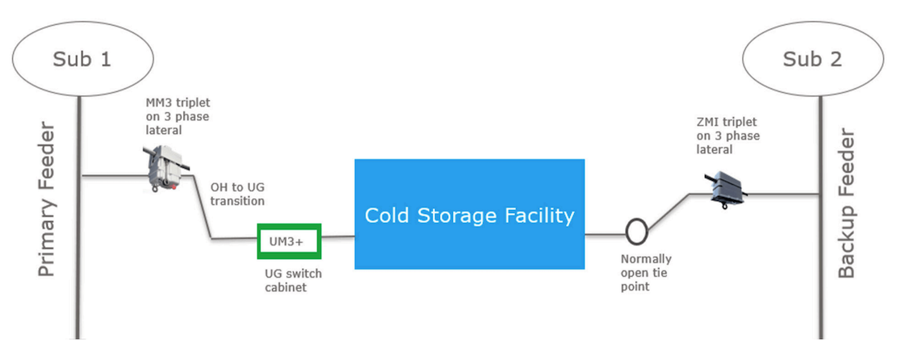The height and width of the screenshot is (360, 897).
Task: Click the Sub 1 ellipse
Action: coord(82,59)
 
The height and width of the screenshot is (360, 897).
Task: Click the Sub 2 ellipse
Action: coord(813,59)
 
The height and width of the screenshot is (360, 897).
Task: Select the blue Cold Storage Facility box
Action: coord(469,215)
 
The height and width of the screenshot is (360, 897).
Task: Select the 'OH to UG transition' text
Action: coord(237,194)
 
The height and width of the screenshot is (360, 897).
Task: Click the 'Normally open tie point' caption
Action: coord(645,273)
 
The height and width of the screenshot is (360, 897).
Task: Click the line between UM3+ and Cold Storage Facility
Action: coord(338,237)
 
